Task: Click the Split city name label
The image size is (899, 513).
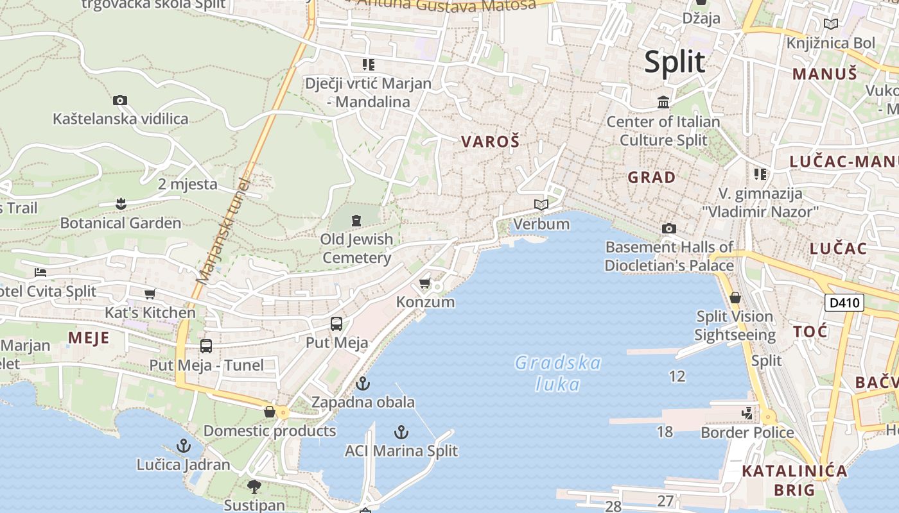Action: click(674, 62)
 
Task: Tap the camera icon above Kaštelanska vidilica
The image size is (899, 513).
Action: click(120, 100)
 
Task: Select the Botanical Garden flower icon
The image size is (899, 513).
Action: click(121, 205)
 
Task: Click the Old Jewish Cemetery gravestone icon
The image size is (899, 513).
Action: click(356, 221)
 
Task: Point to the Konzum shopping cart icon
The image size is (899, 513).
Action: click(424, 283)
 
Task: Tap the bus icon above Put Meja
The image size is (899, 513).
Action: click(336, 324)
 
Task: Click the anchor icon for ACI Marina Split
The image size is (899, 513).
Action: click(401, 432)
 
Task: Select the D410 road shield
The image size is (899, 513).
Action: click(844, 302)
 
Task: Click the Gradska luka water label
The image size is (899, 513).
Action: click(557, 373)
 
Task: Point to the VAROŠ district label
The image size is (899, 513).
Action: click(490, 142)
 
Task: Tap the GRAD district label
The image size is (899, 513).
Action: click(651, 177)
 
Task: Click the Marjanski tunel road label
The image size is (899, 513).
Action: click(222, 231)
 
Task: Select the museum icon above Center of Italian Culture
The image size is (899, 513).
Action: click(663, 103)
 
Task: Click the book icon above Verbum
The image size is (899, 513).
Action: click(541, 205)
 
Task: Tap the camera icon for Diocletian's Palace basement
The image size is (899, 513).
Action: click(668, 228)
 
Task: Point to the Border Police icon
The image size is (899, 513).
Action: click(747, 414)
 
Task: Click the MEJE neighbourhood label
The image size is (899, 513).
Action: click(89, 338)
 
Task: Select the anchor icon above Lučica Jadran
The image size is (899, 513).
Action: click(184, 445)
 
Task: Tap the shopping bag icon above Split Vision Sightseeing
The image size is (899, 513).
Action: click(735, 298)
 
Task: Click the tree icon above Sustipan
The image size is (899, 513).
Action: click(254, 485)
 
